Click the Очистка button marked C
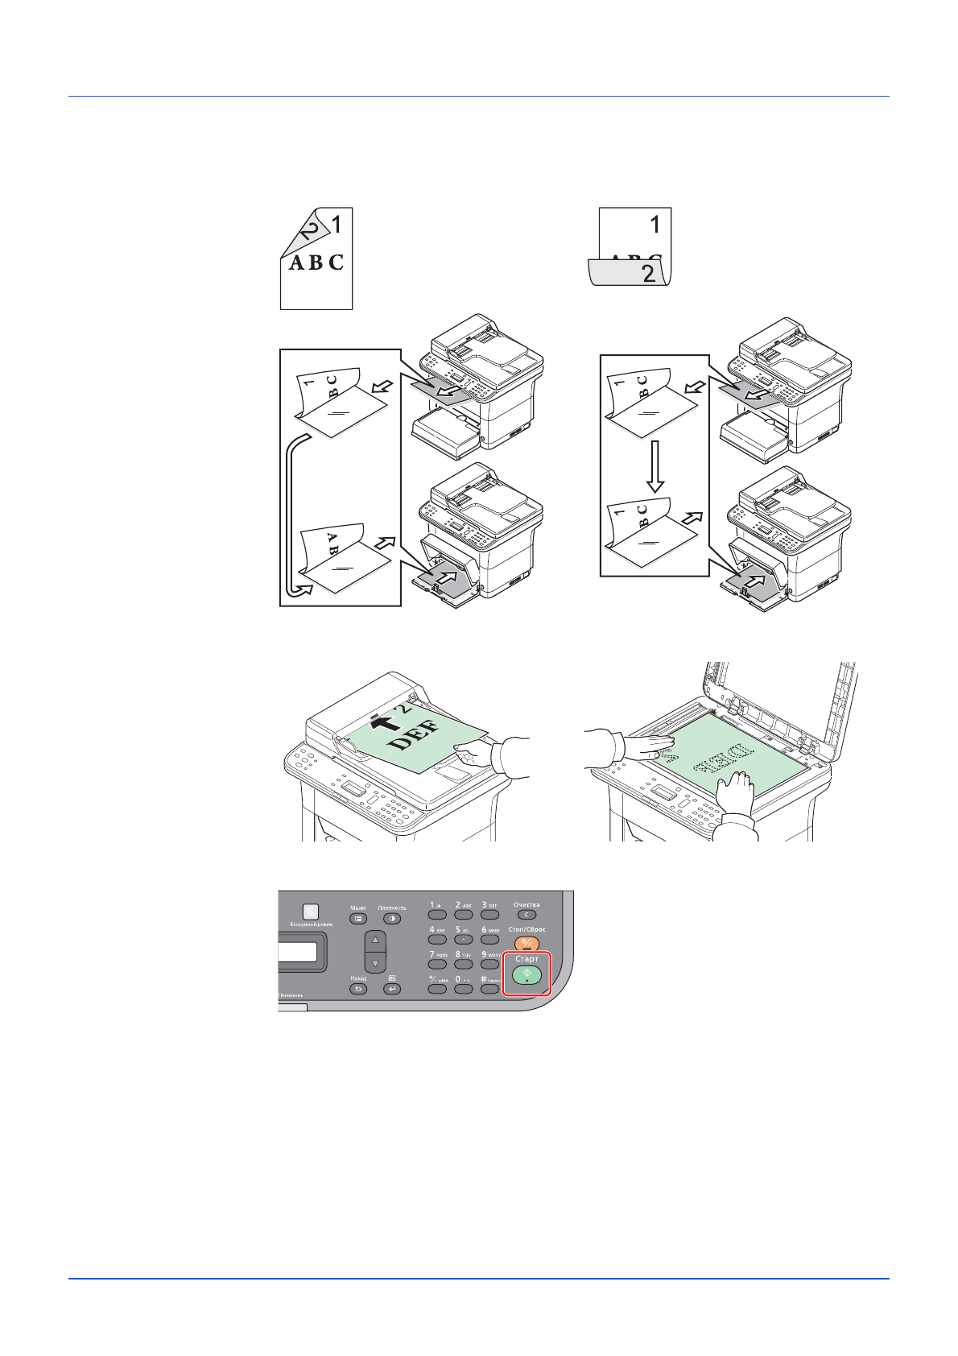(526, 915)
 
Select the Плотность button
(392, 919)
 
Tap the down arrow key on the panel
(375, 963)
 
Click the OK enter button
(392, 989)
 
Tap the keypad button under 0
(463, 989)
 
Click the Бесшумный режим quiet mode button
(310, 912)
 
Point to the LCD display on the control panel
(302, 952)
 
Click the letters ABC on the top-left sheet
(316, 263)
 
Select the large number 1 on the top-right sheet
(655, 224)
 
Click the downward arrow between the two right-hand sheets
(655, 466)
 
